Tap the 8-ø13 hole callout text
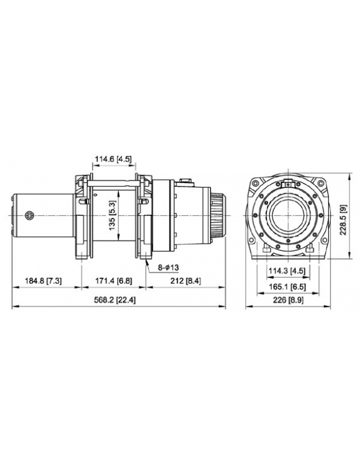[x=167, y=267]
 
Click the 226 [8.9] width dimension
[x=287, y=300]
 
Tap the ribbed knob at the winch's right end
[x=217, y=215]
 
